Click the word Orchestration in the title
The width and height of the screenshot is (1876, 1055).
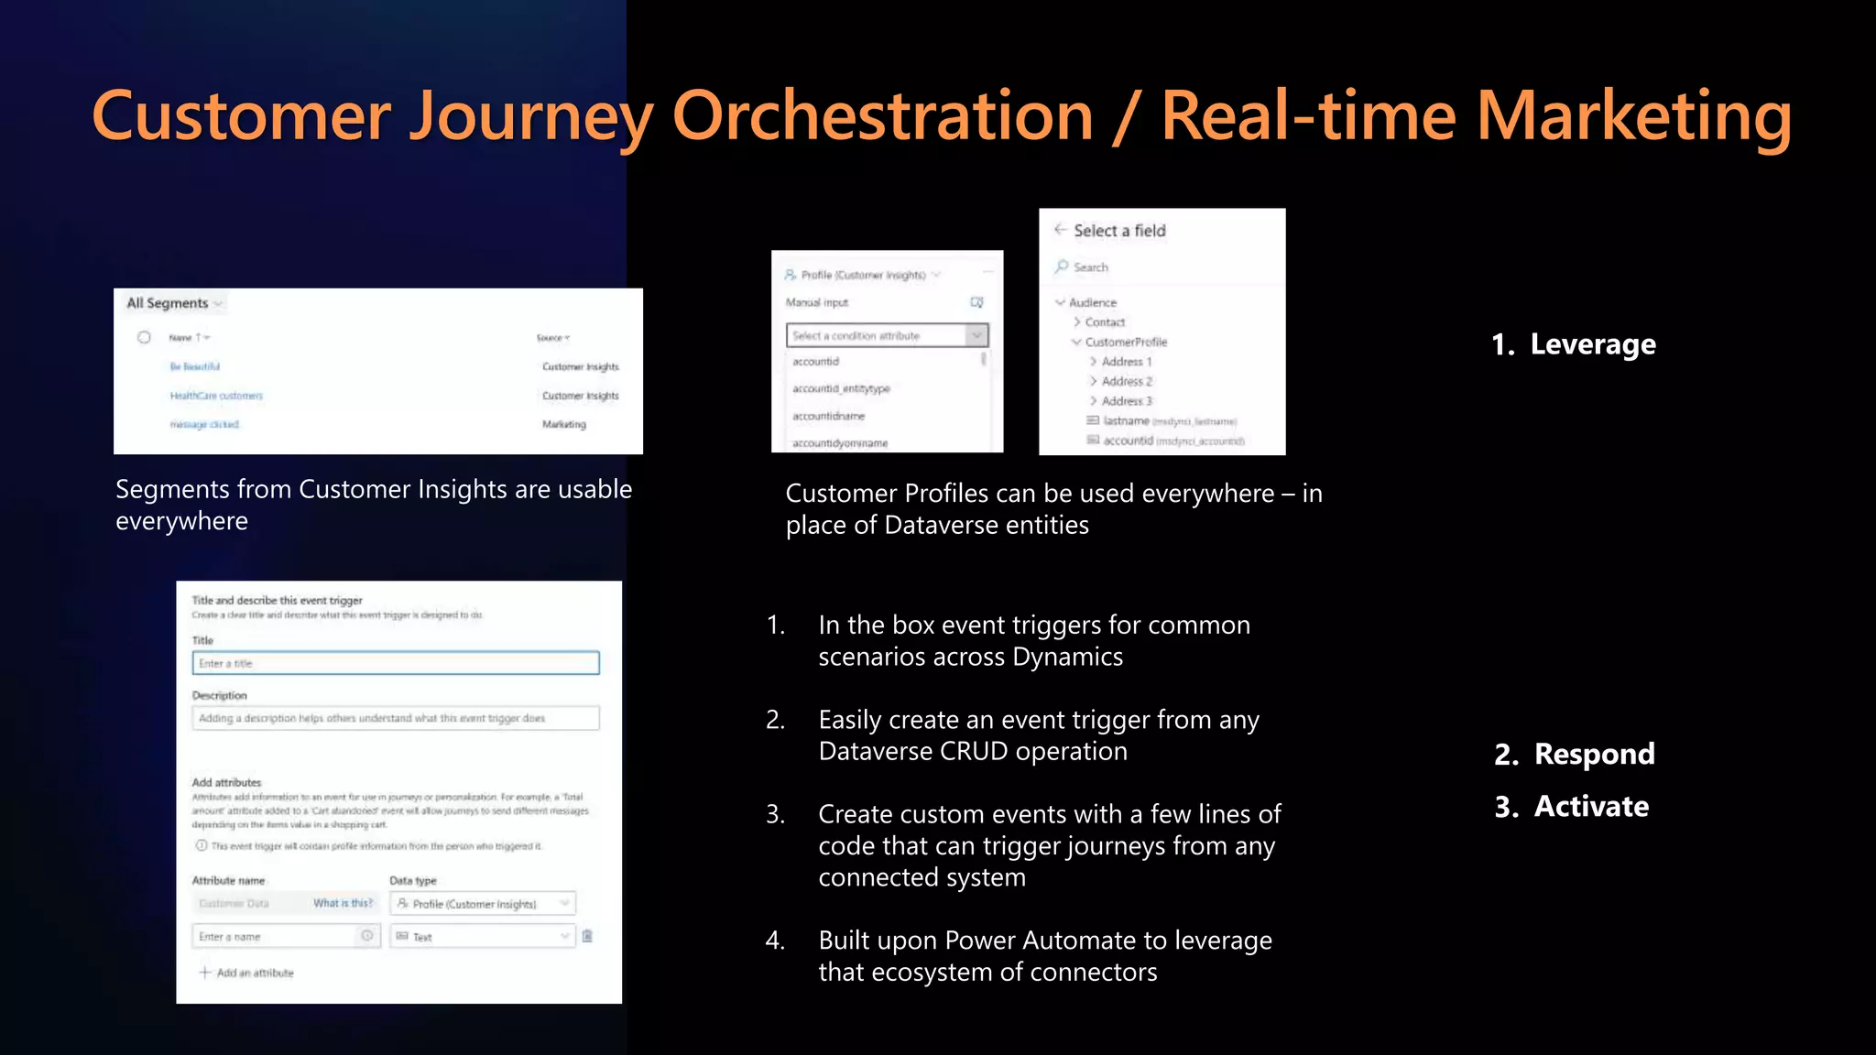pos(882,116)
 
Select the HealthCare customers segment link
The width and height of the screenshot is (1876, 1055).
pos(216,396)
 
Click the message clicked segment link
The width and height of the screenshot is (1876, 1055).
pos(204,425)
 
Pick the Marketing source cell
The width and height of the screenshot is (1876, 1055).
pos(563,425)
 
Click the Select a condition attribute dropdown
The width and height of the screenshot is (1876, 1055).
pos(886,336)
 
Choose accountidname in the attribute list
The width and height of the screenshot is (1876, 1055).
pos(828,416)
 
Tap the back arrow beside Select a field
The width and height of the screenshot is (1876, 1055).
pos(1060,230)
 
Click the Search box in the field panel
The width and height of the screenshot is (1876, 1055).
pos(1163,267)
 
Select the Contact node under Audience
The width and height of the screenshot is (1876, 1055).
pos(1105,322)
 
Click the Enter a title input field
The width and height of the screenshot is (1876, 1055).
pos(396,663)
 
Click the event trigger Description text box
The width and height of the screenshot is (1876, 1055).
pos(396,718)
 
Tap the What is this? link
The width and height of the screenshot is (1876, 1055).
pos(343,903)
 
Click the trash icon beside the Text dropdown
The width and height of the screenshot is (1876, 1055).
pos(587,936)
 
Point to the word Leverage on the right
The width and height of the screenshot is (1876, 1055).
pos(1592,344)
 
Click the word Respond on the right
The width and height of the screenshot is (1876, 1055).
pos(1594,754)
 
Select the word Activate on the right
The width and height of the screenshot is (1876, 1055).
pos(1591,806)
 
